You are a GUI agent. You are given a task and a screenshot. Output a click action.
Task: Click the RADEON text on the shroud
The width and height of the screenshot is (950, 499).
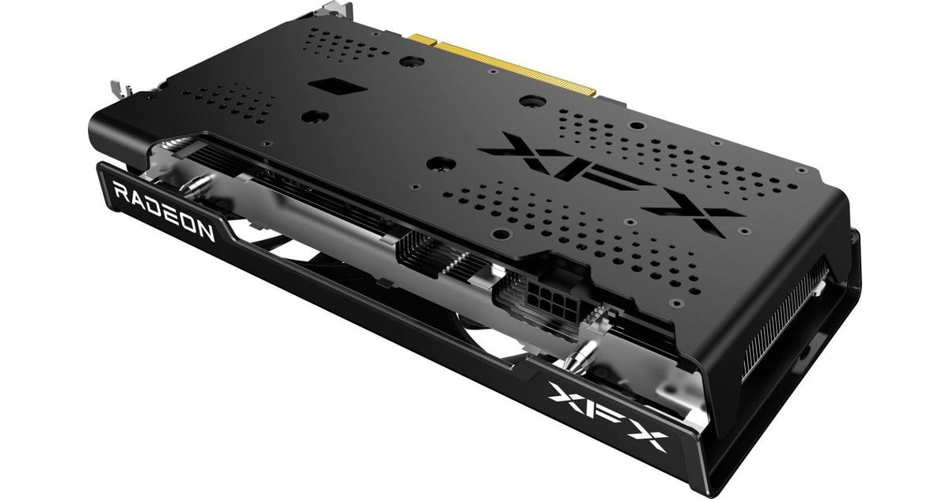164,211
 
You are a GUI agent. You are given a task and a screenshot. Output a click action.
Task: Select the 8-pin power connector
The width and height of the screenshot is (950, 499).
547,295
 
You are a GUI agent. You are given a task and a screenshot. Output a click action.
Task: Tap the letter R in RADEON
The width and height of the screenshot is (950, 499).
121,192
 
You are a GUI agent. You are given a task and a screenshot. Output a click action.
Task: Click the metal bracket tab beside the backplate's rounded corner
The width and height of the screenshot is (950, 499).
122,89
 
